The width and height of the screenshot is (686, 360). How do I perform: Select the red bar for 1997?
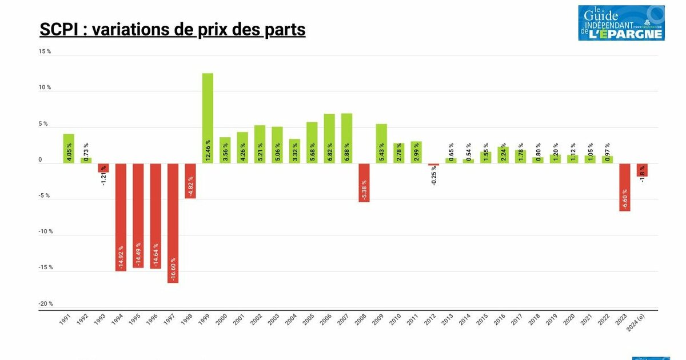[173, 223]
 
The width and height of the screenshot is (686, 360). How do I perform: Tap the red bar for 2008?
[364, 182]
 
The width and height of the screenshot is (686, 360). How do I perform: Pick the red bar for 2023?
[624, 187]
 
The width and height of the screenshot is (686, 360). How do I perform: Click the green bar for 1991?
[69, 149]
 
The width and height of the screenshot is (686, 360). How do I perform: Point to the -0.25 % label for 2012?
[434, 176]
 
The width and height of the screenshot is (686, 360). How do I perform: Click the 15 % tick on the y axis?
[45, 51]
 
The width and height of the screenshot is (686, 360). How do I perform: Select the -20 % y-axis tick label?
[46, 304]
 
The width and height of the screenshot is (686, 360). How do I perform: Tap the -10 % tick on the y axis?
[46, 232]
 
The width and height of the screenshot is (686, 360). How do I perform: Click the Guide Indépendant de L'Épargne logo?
[621, 23]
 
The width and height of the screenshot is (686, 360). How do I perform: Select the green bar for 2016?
[503, 155]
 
